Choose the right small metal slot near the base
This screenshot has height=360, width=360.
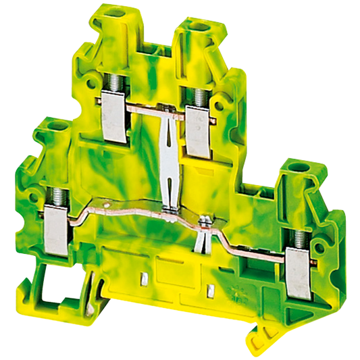(x=210, y=292)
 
